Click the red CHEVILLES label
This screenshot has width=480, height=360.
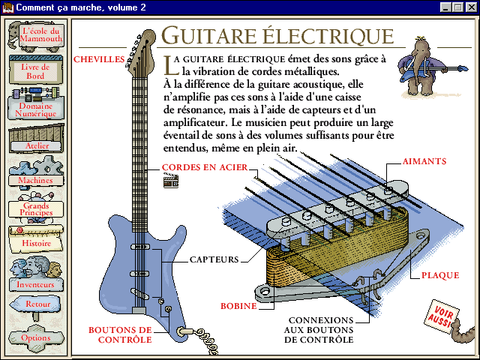pyautogui.click(x=99, y=58)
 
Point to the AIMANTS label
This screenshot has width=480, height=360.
pyautogui.click(x=424, y=161)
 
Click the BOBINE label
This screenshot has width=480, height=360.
pyautogui.click(x=238, y=306)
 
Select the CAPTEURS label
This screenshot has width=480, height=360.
pyautogui.click(x=214, y=259)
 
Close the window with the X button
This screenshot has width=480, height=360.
pyautogui.click(x=470, y=7)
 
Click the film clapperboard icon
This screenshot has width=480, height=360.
pyautogui.click(x=170, y=179)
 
